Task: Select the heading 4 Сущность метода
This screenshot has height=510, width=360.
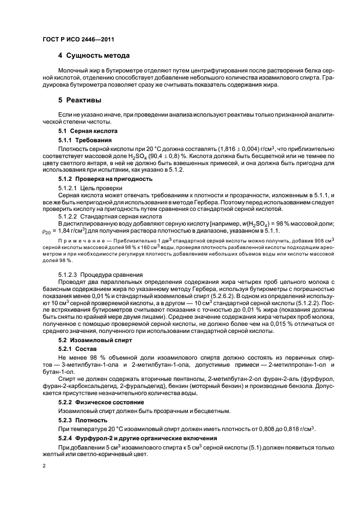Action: click(x=94, y=56)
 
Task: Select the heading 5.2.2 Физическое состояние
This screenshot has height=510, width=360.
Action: click(x=102, y=399)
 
